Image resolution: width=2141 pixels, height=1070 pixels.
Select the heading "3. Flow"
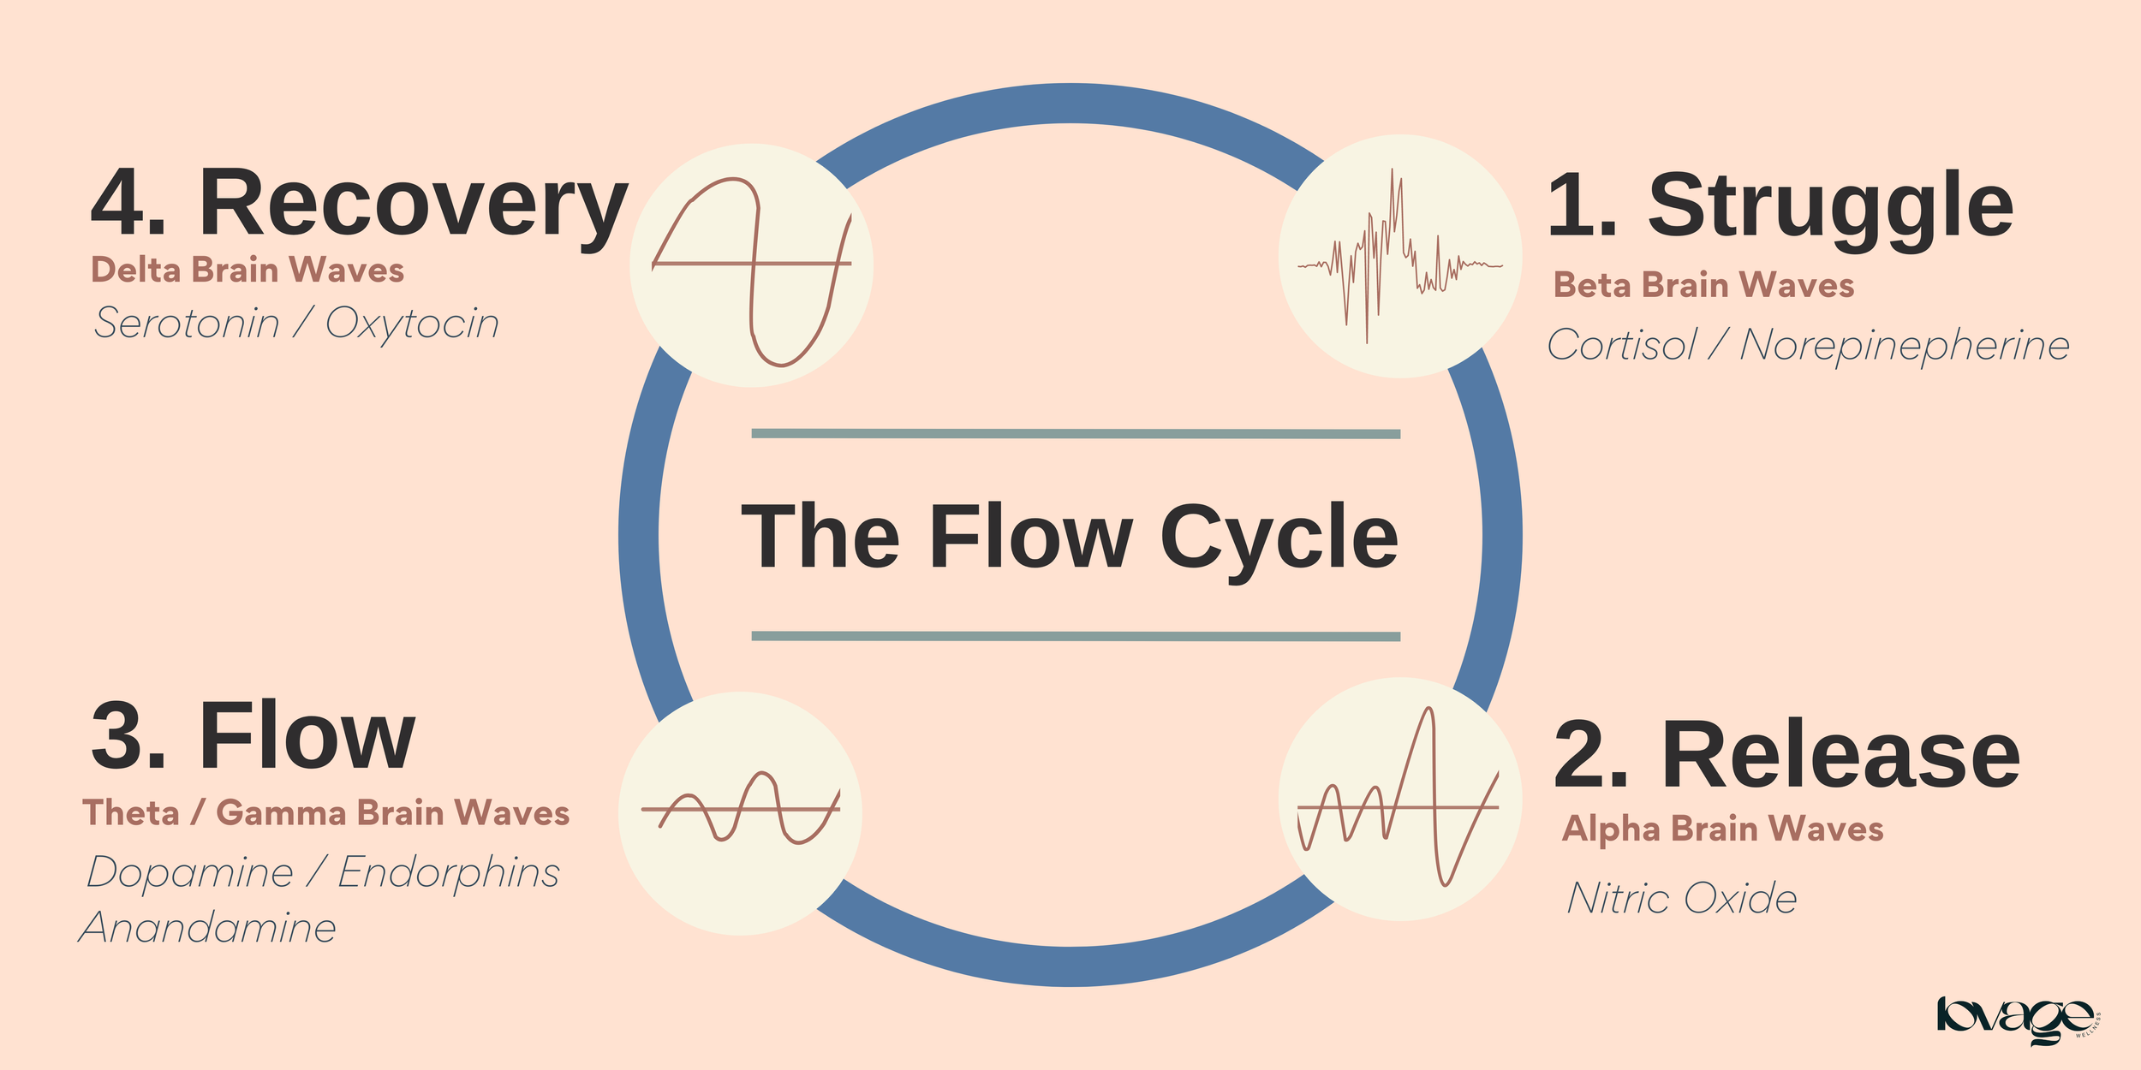pos(253,736)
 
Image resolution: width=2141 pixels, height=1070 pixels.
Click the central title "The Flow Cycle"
pos(1070,537)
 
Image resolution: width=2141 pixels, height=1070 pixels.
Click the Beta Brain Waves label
pos(1703,285)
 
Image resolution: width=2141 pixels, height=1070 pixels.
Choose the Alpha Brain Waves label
pos(1722,829)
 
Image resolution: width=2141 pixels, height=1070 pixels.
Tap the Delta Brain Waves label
pos(247,270)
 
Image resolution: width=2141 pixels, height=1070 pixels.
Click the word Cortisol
pos(1621,345)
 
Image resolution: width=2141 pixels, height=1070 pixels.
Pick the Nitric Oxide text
pos(1682,898)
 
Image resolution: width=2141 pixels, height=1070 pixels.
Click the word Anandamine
pos(208,928)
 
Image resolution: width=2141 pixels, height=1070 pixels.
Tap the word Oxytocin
pos(412,324)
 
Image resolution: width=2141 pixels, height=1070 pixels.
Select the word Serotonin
pos(187,324)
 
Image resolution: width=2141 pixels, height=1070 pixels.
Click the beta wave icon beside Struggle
pos(1399,256)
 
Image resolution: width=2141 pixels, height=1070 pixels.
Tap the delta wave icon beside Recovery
pos(751,265)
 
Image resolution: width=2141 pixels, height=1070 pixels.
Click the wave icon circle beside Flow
pos(740,813)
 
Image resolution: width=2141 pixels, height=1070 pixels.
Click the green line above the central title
pos(1076,434)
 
